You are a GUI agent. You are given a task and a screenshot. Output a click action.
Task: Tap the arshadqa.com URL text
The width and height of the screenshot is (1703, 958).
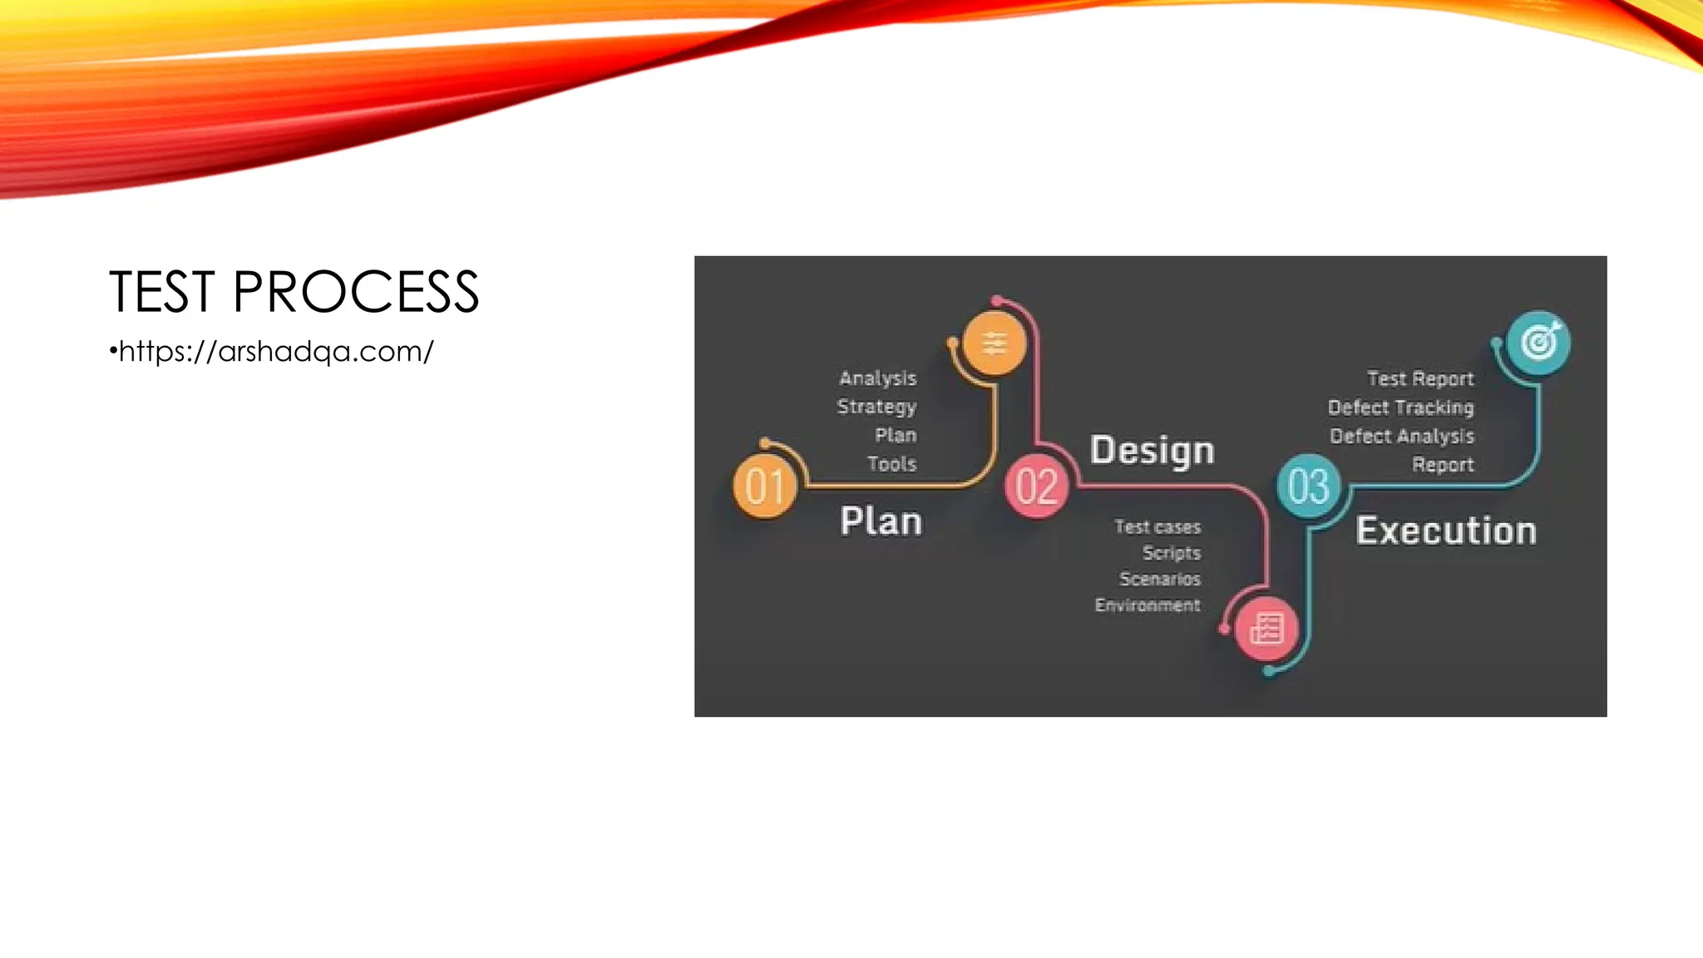[x=275, y=352]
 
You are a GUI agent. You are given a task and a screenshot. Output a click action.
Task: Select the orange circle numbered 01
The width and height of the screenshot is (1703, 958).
[x=765, y=486]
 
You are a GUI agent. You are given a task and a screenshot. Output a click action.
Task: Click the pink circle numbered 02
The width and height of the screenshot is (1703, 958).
[x=1036, y=486]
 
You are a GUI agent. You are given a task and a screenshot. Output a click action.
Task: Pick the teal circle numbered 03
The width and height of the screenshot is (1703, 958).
[x=1308, y=486]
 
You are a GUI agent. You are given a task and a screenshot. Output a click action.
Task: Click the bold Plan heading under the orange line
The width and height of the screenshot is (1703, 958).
[x=881, y=521]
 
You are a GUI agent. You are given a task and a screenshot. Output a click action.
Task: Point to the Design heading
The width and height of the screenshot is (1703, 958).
[x=1152, y=451]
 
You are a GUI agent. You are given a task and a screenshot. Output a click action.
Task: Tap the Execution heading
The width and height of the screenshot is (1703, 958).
[x=1445, y=531]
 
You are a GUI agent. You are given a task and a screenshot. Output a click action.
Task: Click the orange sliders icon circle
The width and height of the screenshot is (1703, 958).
[x=994, y=343]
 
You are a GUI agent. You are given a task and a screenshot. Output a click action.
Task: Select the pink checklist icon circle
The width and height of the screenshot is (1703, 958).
[x=1266, y=629]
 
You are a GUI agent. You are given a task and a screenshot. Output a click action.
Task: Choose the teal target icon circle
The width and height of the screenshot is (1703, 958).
[x=1538, y=342]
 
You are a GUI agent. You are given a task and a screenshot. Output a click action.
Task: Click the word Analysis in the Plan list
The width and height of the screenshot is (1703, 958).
[x=877, y=378]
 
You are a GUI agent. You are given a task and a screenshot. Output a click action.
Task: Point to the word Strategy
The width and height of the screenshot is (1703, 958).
[x=876, y=407]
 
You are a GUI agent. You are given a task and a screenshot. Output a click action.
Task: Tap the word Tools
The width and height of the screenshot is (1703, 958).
[x=891, y=464]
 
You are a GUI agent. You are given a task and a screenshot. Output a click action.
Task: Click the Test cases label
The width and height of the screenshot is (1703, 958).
[x=1158, y=527]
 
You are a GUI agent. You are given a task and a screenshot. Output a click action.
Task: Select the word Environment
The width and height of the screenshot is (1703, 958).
[x=1147, y=605]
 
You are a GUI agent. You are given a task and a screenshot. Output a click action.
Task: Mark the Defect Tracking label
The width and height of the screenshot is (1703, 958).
[x=1400, y=407]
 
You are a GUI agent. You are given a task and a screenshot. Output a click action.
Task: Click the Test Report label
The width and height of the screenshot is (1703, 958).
[x=1420, y=379]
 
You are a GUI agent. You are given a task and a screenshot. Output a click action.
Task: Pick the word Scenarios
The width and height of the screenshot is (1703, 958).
[x=1160, y=579]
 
